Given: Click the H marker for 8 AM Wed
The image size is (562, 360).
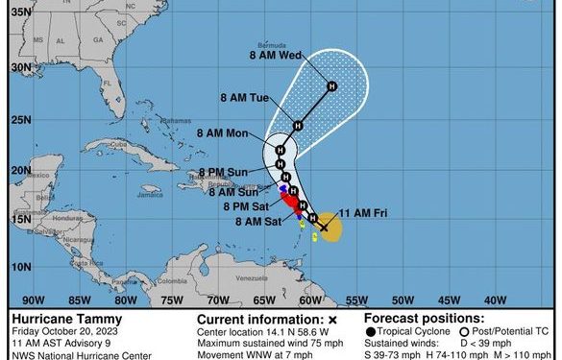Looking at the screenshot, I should coord(331,87).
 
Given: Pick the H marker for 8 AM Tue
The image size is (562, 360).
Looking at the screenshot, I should coord(298,125).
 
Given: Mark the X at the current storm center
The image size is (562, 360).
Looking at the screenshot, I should coord(324,228).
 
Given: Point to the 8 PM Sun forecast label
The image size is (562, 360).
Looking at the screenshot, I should coord(225,173).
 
